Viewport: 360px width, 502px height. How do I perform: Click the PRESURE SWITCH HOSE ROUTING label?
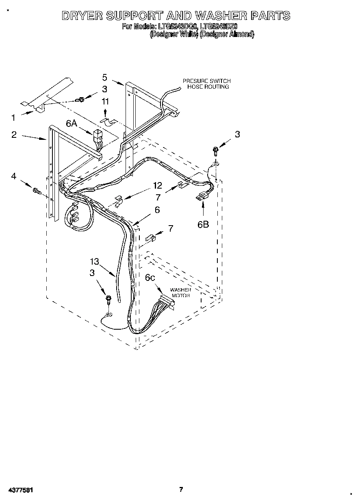point(206,84)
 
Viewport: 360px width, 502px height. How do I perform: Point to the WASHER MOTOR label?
point(180,292)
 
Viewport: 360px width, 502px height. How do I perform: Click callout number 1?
point(13,118)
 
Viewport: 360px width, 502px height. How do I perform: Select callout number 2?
point(14,135)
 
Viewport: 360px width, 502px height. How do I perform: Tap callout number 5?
point(104,77)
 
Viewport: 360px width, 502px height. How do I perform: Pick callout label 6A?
point(72,124)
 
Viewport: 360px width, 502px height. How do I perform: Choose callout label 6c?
point(150,277)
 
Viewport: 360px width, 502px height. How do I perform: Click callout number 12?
point(157,185)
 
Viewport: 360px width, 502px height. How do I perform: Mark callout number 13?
point(94,262)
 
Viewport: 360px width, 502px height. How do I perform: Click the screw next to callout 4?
point(36,190)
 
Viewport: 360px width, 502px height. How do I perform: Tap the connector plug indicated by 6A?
point(98,135)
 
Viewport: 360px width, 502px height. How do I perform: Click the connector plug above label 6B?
point(201,198)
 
